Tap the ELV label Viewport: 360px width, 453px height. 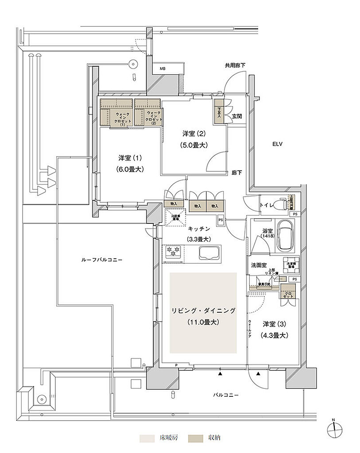coord(278,144)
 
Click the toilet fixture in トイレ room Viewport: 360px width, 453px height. coord(279,204)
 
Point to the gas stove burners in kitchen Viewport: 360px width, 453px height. coord(172,253)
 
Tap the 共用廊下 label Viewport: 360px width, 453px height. coord(234,65)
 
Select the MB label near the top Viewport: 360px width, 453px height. coord(163,69)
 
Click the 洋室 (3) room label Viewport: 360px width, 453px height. coord(275,323)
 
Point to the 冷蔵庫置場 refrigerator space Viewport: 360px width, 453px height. coord(175,216)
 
